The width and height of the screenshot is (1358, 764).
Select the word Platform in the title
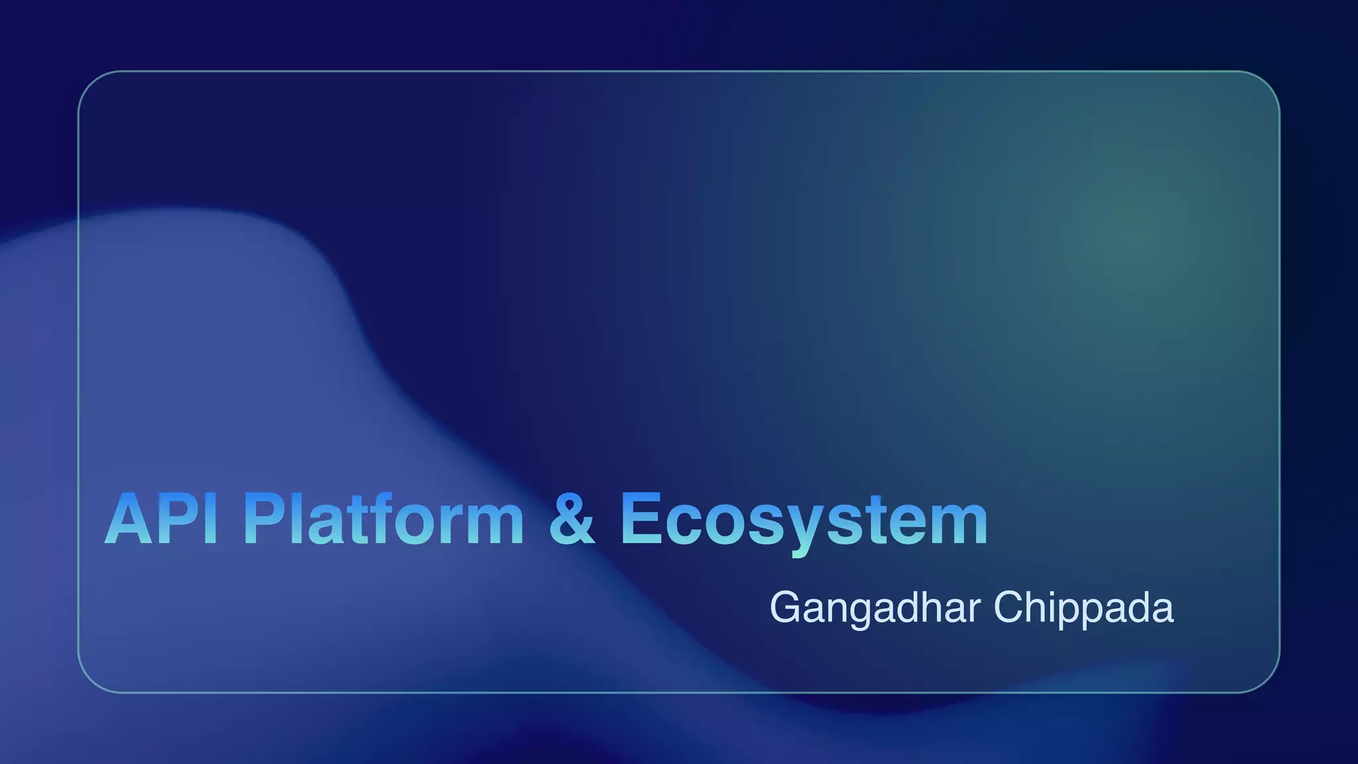[x=383, y=519]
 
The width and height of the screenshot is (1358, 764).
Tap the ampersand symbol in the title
[x=572, y=519]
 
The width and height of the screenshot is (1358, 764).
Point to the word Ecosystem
[x=804, y=520]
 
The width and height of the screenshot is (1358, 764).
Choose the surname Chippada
[x=1083, y=607]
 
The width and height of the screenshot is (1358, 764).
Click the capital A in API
[x=130, y=519]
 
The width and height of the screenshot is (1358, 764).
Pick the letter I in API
[x=211, y=519]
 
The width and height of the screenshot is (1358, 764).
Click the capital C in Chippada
[x=1008, y=607]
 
